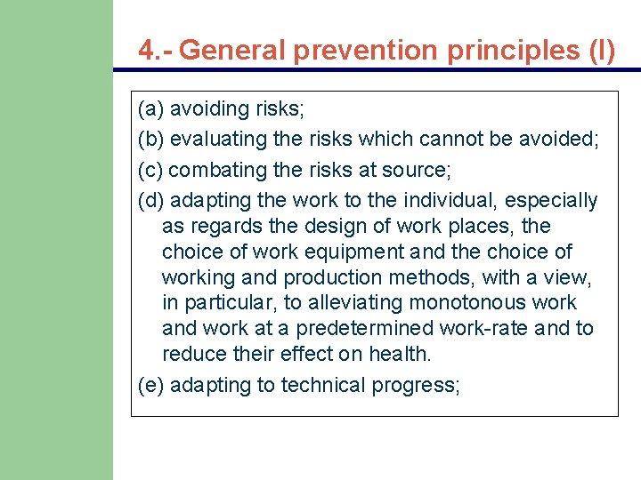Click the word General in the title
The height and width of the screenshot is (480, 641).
[x=233, y=50]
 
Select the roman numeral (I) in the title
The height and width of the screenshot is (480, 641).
[x=601, y=50]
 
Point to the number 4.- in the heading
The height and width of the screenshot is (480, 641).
[x=156, y=50]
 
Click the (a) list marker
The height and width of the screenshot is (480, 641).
[x=151, y=109]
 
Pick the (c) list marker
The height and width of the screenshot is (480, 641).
[x=151, y=170]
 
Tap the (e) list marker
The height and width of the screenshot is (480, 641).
[x=151, y=386]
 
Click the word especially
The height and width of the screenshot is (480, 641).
[x=555, y=201]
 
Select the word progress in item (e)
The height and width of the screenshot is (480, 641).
[x=419, y=386]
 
